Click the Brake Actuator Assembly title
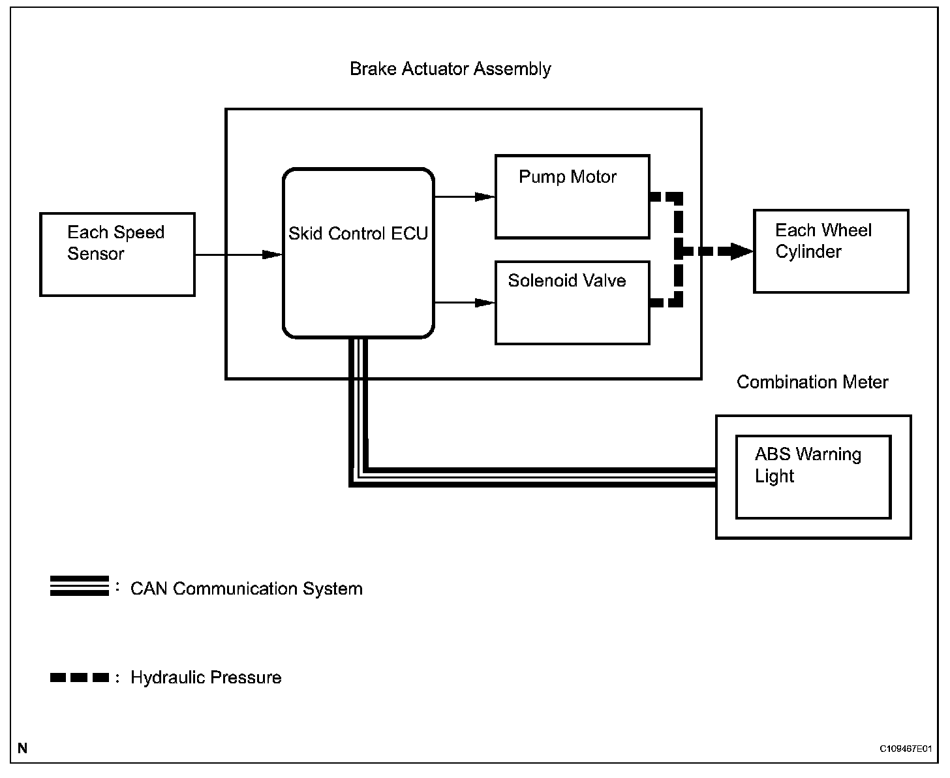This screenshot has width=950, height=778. (450, 69)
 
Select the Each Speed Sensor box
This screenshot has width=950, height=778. (117, 255)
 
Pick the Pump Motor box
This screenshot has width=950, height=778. (572, 197)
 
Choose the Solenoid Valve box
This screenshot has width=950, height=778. (572, 303)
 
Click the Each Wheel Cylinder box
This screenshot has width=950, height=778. (831, 251)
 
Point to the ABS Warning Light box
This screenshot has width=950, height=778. (813, 477)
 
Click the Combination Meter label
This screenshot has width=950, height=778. (812, 382)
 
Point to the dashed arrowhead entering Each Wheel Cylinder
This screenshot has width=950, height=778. (741, 251)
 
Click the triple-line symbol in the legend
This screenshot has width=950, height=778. (80, 586)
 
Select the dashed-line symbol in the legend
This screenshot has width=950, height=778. (80, 677)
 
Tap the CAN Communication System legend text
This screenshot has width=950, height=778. (247, 589)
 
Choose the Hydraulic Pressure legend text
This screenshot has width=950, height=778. (206, 677)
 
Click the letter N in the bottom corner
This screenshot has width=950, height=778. (23, 748)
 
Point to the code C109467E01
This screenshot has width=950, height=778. (905, 749)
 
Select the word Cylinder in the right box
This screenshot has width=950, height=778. (808, 252)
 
